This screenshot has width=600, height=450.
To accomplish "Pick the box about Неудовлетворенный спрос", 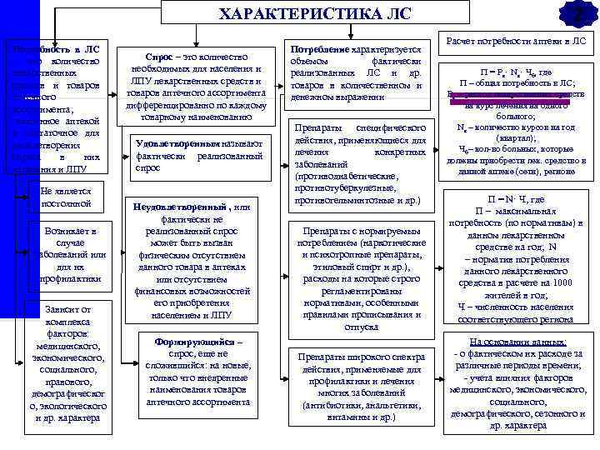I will tap(197, 257).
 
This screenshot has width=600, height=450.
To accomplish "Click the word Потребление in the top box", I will tap(321, 50).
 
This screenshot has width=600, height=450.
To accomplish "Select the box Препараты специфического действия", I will tap(360, 163).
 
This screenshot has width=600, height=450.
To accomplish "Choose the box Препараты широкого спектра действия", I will tap(360, 385).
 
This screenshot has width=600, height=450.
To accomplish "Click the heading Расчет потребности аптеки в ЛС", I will tap(516, 40).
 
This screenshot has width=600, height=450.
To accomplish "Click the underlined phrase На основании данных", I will tap(517, 342).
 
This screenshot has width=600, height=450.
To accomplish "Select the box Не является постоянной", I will tap(66, 197).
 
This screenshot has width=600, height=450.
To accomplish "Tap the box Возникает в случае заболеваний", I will tap(66, 253).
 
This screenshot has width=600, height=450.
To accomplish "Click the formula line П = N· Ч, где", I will tap(516, 200).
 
